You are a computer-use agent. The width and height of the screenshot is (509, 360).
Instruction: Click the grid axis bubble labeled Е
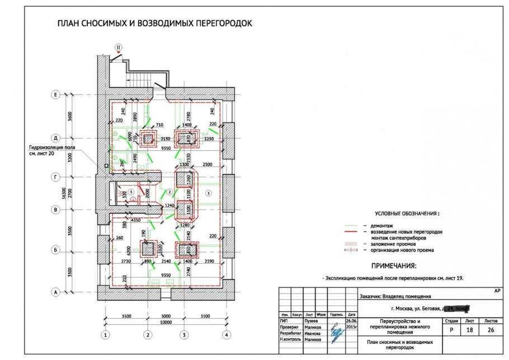pos(55,94)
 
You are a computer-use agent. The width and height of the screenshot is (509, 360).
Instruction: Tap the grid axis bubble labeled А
pos(55,292)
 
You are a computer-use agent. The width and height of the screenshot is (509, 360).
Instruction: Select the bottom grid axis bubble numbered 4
pos(226,335)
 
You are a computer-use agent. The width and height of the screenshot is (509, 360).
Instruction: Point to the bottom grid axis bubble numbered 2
pos(148,335)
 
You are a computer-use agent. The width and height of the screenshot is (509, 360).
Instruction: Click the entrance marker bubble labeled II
pos(118,47)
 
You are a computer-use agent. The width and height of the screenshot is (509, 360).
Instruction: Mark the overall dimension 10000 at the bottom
pos(165,323)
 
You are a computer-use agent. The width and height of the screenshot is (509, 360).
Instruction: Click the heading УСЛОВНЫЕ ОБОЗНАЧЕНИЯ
pos(407,214)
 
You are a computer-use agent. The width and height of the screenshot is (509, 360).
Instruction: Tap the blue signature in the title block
pos(336,333)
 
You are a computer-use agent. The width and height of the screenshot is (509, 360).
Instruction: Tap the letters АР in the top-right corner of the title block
pos(497,291)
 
